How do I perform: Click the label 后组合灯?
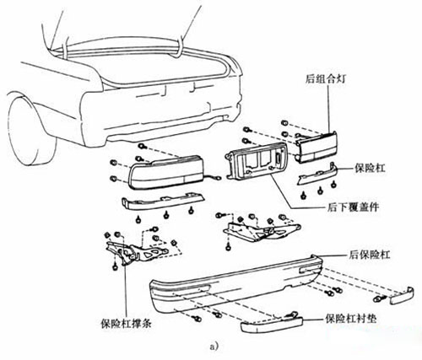coord(325,79)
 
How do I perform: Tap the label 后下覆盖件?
coord(353,207)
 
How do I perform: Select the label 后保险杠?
coord(369,255)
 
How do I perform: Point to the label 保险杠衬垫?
coord(351,319)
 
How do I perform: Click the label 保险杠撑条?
coord(126,324)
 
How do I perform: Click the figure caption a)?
coord(214,347)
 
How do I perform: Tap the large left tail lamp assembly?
coord(166,172)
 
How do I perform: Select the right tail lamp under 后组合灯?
coord(316,148)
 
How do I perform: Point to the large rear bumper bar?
coord(236,284)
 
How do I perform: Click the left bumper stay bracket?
coord(137,251)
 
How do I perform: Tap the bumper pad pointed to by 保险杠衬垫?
coord(272,325)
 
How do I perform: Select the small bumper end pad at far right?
coord(402,296)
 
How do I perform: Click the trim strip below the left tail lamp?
coord(163,201)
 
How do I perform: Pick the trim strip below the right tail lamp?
coord(317,175)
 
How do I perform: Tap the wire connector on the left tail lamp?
coord(217,178)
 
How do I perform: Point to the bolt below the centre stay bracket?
coord(228,248)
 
